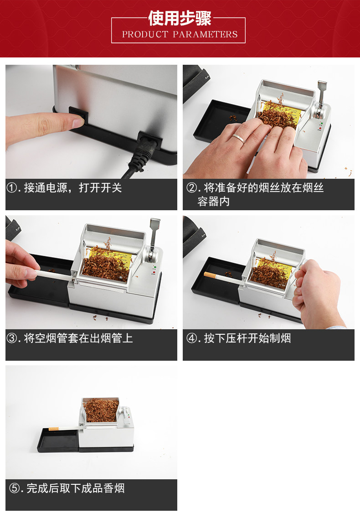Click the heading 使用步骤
[180, 18]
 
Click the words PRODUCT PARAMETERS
[180, 34]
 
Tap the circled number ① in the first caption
[12, 187]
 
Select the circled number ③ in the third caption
[12, 338]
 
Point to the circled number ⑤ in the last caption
[15, 488]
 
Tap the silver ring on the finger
[239, 138]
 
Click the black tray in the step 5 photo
[58, 440]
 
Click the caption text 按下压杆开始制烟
[247, 338]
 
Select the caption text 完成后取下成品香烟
[76, 488]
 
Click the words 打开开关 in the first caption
[100, 187]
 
